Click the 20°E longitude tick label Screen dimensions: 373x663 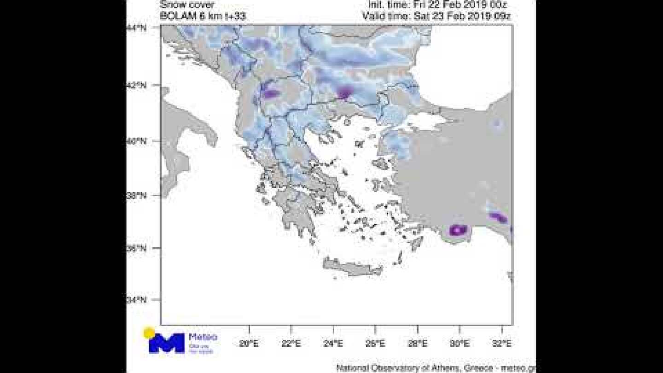point(249,343)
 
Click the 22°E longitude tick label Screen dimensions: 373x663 point(291,343)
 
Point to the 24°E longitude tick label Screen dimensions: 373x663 point(333,343)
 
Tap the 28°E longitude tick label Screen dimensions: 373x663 point(417,343)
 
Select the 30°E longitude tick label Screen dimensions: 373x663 point(459,343)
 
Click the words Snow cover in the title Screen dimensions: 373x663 point(187,6)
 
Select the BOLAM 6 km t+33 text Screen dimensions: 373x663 point(203,17)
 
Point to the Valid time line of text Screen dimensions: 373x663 point(437,17)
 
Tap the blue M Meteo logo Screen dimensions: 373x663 point(167,343)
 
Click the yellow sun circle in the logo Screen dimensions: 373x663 point(149,332)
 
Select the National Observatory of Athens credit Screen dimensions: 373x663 point(436,367)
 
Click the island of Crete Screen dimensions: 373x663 point(352,267)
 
